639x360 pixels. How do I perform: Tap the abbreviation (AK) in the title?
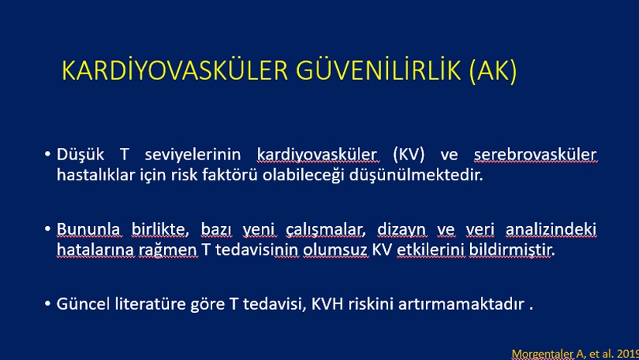tap(493, 71)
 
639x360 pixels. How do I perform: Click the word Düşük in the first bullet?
tap(81, 155)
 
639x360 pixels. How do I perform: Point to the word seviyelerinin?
tap(193, 155)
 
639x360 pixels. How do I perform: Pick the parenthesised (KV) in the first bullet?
tap(409, 155)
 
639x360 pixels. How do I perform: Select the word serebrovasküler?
tap(535, 155)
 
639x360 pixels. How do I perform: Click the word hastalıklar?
tap(96, 175)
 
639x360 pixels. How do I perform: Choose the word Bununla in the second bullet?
tap(88, 229)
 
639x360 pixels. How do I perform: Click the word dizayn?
tap(401, 230)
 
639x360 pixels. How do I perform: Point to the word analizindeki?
tap(551, 229)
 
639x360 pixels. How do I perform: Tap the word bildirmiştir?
tap(512, 249)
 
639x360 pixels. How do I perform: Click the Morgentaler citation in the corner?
tap(575, 354)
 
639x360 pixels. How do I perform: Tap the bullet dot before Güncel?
tap(48, 303)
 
